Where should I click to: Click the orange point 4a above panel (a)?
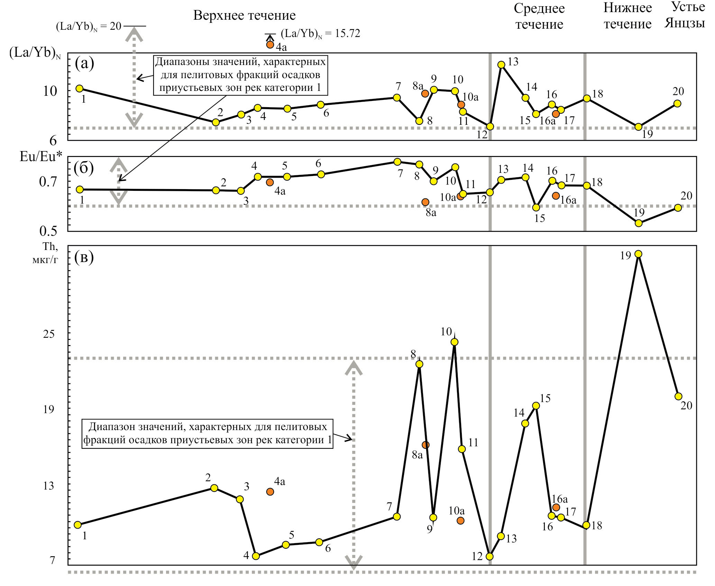270,45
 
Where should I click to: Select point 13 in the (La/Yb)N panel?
501,65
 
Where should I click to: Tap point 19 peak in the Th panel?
639,254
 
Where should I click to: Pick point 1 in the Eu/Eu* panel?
80,189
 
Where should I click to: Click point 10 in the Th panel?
455,342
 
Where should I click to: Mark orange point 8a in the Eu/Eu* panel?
425,202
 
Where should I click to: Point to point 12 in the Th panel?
489,556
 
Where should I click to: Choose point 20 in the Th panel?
678,396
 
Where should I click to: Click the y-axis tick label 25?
49,334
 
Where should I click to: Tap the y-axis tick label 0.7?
48,182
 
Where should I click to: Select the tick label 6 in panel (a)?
53,141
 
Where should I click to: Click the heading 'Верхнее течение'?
244,16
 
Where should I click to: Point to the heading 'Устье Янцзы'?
685,15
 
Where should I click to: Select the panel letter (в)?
84,258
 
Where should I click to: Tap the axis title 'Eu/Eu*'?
41,157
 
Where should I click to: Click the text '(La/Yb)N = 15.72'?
320,34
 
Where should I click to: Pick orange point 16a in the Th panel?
556,508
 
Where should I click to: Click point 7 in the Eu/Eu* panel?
397,162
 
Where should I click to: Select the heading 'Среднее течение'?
539,16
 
